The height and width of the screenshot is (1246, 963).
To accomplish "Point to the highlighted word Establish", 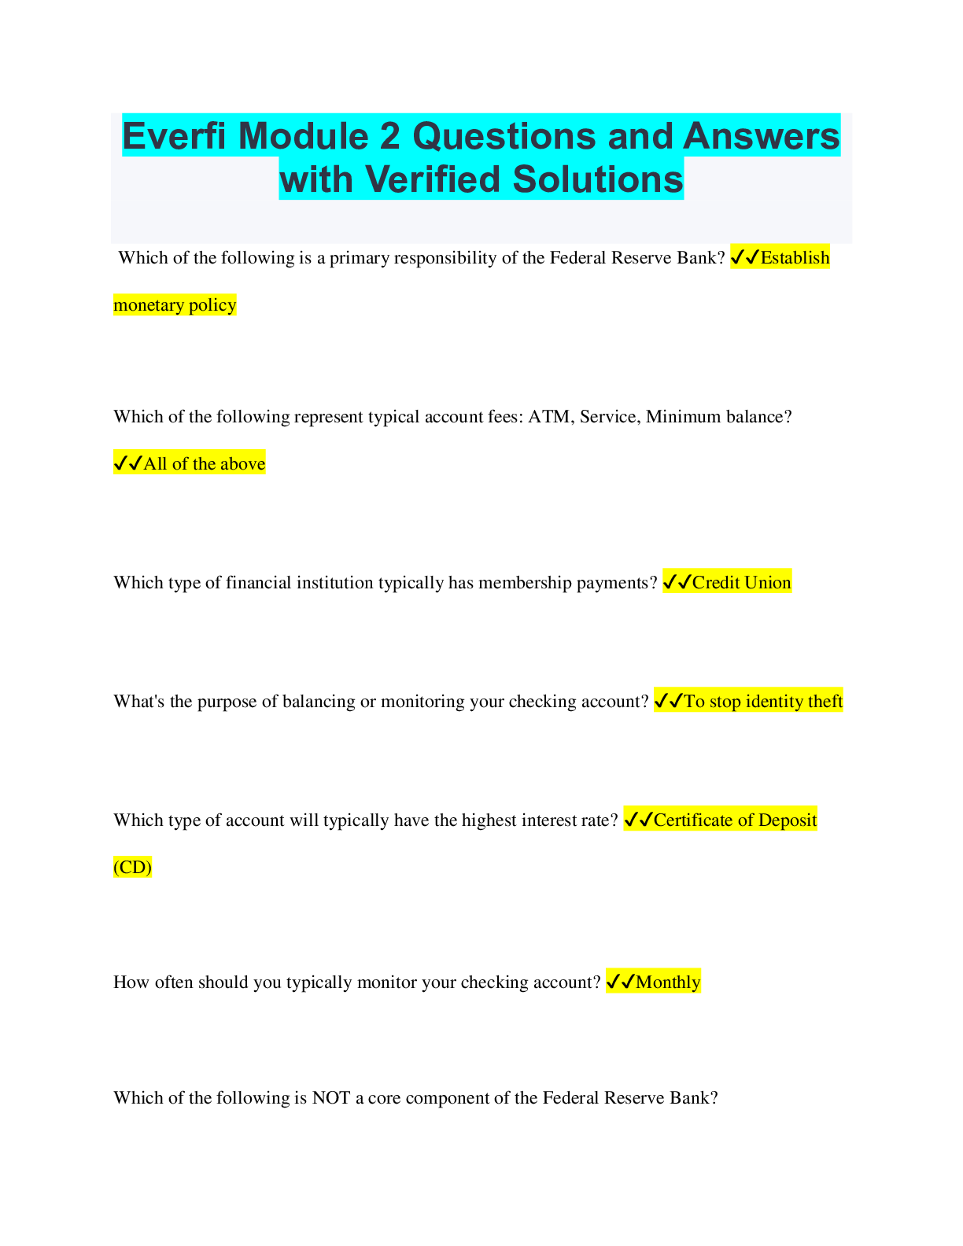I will click(x=795, y=258).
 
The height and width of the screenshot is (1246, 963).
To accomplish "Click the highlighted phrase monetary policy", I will click(x=175, y=305).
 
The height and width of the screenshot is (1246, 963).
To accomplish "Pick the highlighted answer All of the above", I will click(x=204, y=464).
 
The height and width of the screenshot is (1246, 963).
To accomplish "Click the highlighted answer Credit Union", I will click(x=741, y=583).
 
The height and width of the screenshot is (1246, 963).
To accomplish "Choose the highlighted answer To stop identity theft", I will click(x=762, y=702).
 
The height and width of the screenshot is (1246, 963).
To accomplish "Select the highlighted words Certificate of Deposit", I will click(x=735, y=820).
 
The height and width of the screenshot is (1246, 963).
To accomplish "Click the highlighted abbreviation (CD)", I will click(x=132, y=868).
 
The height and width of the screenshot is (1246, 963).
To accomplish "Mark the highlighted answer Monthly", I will click(x=667, y=982).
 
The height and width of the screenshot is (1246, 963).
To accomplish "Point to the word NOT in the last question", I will click(x=330, y=1098).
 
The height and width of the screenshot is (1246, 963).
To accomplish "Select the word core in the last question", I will click(x=384, y=1098).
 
